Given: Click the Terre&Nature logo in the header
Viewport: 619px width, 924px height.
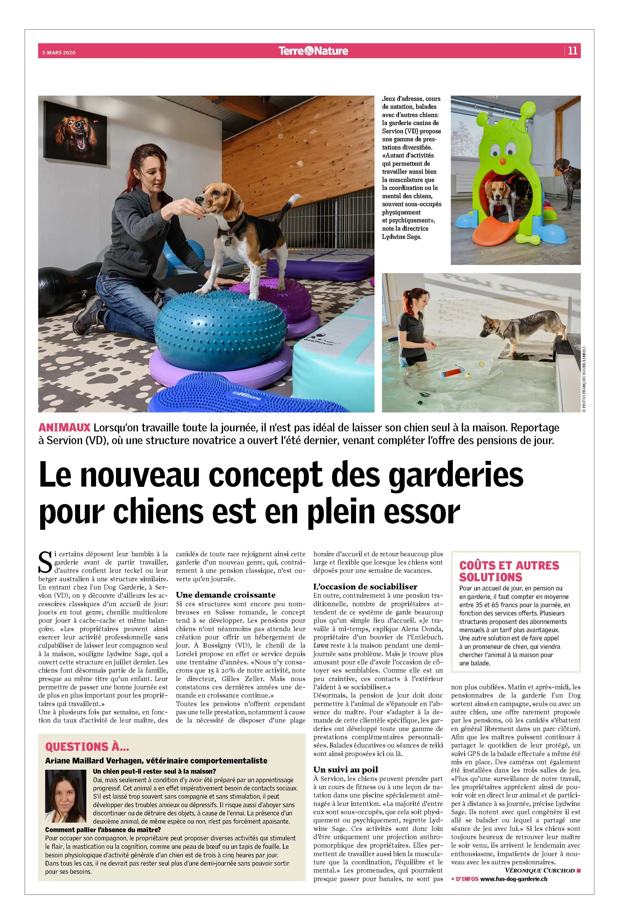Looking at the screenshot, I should pos(313,51).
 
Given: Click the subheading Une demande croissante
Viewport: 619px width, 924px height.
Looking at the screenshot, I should pos(225,595).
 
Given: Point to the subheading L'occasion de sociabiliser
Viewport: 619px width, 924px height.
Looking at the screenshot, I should pos(365,587).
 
